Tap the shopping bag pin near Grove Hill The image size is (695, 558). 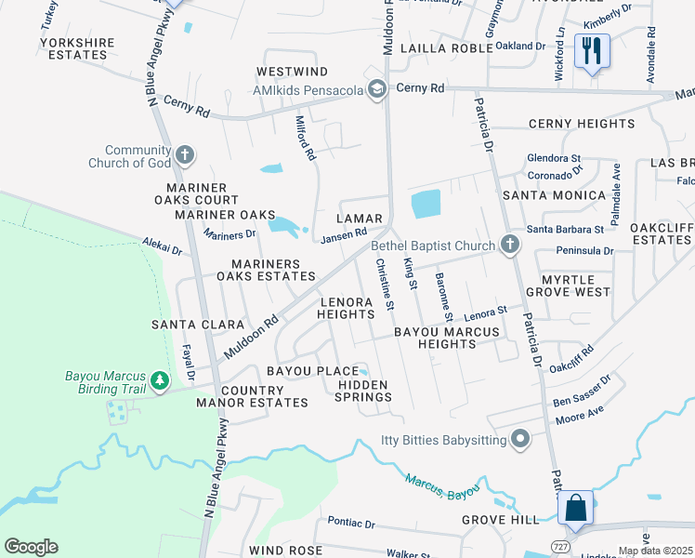tap(575, 508)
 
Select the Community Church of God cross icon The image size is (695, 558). tap(184, 154)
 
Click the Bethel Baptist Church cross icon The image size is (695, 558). tap(508, 246)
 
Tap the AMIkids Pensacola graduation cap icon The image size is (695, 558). tap(376, 89)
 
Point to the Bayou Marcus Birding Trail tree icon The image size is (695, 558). tap(161, 380)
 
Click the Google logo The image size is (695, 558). tap(31, 547)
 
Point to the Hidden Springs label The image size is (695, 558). tap(364, 391)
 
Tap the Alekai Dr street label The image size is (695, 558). tap(163, 247)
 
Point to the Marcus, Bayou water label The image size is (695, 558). tap(442, 485)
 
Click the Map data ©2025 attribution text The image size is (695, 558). tap(655, 551)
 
